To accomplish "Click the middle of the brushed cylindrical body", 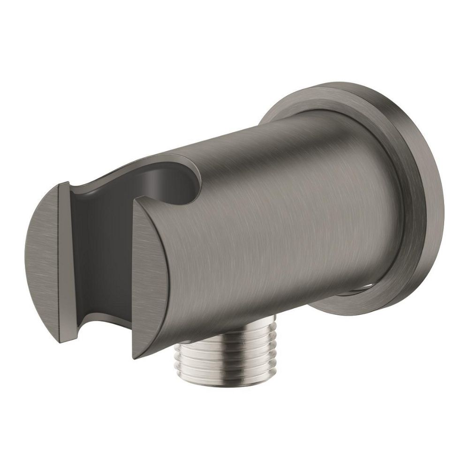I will click(272, 225).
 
